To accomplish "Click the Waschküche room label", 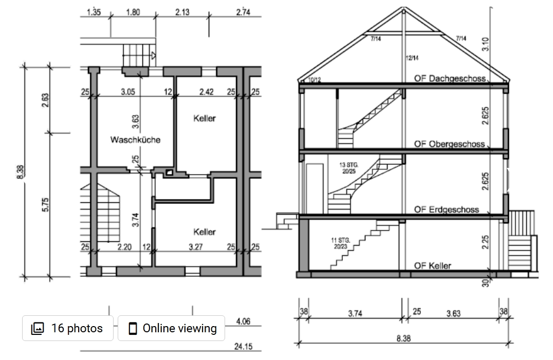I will (x=135, y=140).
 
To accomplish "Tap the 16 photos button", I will (x=68, y=328).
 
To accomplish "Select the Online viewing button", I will (x=171, y=328).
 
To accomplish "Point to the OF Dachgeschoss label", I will (x=450, y=79).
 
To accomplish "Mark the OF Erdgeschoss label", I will (x=446, y=210).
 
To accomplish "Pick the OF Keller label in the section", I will (x=433, y=266).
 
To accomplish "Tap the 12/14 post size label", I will (x=412, y=59).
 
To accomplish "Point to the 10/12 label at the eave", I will (x=314, y=80).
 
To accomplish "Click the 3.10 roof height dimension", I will (x=487, y=43).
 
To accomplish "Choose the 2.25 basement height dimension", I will (x=486, y=242).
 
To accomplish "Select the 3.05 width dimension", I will (x=128, y=92).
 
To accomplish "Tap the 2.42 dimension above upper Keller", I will (x=207, y=92).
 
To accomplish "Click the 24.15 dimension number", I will (x=243, y=346).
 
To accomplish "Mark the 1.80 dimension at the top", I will (x=133, y=12).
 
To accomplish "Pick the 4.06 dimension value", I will (x=243, y=321).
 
